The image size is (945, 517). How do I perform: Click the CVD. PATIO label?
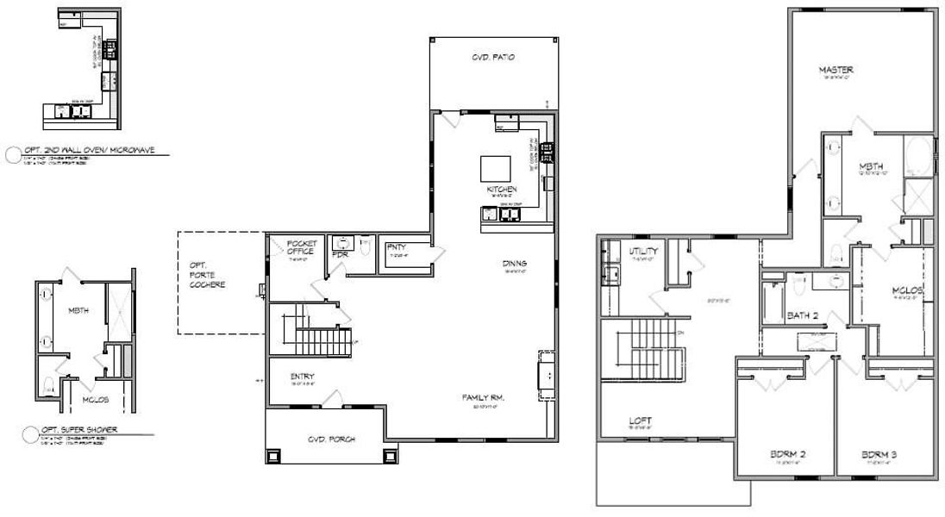click(x=492, y=59)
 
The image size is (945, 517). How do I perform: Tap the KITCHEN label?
click(x=501, y=189)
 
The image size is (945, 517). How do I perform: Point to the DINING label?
click(x=515, y=264)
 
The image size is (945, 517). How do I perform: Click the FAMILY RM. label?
click(x=482, y=397)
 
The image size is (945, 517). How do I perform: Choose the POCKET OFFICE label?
click(x=301, y=247)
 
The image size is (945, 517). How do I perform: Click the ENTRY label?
click(x=302, y=377)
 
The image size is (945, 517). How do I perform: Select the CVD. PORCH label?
click(x=331, y=439)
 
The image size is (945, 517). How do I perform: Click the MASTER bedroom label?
click(x=835, y=69)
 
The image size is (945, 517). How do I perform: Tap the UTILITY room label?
click(x=643, y=250)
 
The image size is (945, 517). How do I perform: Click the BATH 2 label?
click(x=803, y=315)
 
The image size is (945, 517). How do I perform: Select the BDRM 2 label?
click(x=788, y=454)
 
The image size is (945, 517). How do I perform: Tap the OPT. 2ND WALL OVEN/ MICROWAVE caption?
click(x=90, y=150)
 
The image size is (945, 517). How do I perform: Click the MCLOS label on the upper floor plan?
click(x=907, y=290)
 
